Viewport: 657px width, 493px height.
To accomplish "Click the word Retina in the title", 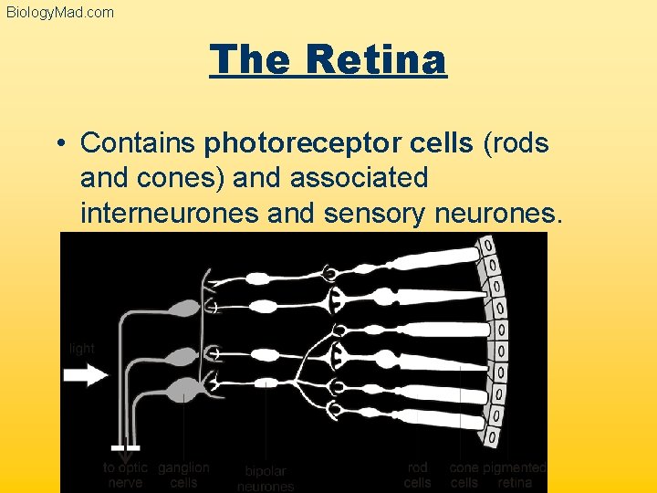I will [376, 60].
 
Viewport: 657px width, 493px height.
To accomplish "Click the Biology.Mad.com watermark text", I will [60, 12].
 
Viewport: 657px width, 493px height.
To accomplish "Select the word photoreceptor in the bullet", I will [339, 143].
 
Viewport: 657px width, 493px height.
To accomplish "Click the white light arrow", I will [86, 375].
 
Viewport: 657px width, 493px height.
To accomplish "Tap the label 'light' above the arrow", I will [81, 349].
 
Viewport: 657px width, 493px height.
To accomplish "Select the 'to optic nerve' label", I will [125, 475].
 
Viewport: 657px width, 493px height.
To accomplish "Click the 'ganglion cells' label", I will [183, 475].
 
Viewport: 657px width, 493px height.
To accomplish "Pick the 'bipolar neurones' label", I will [266, 478].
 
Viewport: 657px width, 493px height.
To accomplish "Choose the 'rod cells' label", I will [417, 475].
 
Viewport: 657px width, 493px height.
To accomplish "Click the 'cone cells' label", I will [464, 475].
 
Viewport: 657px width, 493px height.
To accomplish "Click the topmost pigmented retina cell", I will [487, 246].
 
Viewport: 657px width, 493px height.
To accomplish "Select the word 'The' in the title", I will [248, 60].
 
